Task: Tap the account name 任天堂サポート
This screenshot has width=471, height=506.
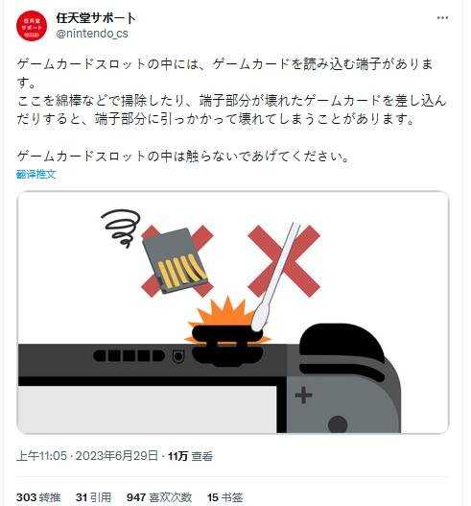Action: tap(96, 18)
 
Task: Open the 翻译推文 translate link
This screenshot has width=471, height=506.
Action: tap(36, 174)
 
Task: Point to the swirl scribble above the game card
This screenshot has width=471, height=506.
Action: tap(123, 228)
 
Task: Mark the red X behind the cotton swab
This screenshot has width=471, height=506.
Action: tap(283, 260)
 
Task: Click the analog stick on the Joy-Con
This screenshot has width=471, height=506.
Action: tap(338, 423)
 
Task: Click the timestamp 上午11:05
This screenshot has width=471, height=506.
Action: tap(41, 455)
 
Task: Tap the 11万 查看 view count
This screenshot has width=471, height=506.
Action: tap(189, 455)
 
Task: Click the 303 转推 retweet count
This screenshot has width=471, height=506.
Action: tap(39, 496)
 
